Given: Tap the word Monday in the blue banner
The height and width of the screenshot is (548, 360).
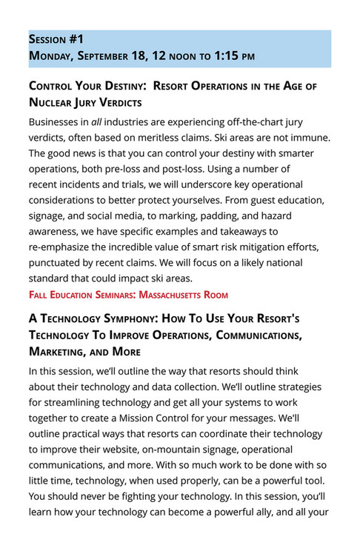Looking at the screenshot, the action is (x=51, y=56).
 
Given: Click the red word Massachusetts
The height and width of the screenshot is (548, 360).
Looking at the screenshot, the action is (x=167, y=295).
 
